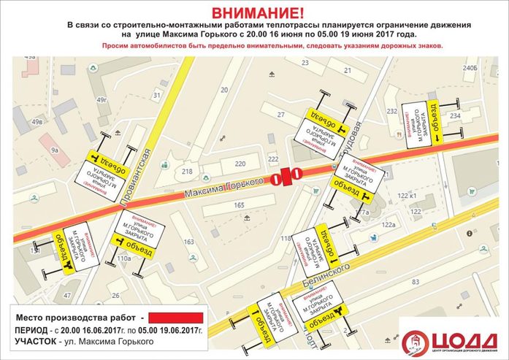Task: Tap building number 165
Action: click(239, 207)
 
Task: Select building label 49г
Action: click(102, 99)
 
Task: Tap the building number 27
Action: click(280, 115)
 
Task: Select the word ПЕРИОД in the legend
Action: click(31, 330)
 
